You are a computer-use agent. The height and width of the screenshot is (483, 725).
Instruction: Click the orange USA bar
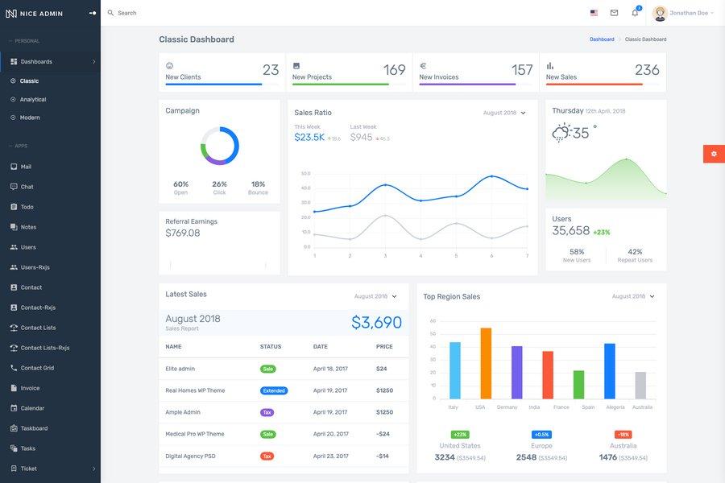pyautogui.click(x=486, y=363)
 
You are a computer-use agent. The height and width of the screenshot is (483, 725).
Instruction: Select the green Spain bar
pyautogui.click(x=578, y=384)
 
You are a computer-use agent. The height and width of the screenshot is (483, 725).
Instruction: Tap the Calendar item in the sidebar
pyautogui.click(x=32, y=408)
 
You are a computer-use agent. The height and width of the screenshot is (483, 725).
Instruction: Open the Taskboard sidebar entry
pyautogui.click(x=34, y=428)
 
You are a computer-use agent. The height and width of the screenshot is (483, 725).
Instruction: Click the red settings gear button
pyautogui.click(x=714, y=154)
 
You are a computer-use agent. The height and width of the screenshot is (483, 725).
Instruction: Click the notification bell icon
pyautogui.click(x=635, y=13)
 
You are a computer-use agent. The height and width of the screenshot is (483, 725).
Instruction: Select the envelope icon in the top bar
pyautogui.click(x=614, y=13)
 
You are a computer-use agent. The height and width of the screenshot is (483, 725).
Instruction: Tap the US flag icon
pyautogui.click(x=594, y=13)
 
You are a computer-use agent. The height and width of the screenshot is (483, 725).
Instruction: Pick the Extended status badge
pyautogui.click(x=274, y=390)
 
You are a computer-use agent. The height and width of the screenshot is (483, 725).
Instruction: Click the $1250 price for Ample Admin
pyautogui.click(x=384, y=412)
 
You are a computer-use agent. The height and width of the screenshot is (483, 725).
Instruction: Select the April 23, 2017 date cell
pyautogui.click(x=330, y=456)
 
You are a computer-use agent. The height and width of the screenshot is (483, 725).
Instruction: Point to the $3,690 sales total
pyautogui.click(x=376, y=323)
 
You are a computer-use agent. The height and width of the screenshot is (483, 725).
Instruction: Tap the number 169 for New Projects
pyautogui.click(x=394, y=70)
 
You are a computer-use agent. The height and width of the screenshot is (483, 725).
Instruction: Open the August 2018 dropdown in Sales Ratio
pyautogui.click(x=504, y=113)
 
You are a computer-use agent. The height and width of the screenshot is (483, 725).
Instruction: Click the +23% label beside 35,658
pyautogui.click(x=602, y=232)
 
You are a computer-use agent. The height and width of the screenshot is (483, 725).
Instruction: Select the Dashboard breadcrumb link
pyautogui.click(x=602, y=39)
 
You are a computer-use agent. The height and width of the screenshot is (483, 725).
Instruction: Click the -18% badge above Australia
pyautogui.click(x=623, y=435)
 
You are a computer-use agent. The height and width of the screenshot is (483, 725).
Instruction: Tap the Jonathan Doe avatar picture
pyautogui.click(x=660, y=13)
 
